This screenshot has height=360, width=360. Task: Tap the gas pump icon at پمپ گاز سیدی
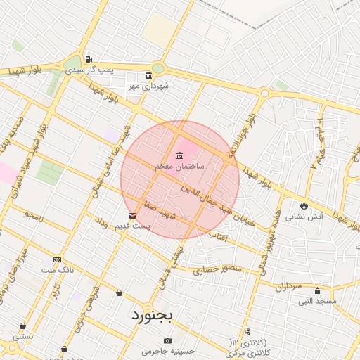pos(88,60)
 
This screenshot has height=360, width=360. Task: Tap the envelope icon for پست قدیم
pos(132,215)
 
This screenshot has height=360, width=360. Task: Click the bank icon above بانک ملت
pos(57,259)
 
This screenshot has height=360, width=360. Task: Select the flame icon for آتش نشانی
pos(304,206)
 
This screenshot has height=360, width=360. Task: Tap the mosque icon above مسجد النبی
pos(317,291)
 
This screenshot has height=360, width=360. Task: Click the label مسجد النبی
pos(317,301)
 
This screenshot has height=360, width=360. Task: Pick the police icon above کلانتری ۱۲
pos(247,332)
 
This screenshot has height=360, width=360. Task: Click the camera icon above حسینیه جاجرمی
pos(167,341)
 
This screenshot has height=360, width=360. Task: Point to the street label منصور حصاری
pos(217,269)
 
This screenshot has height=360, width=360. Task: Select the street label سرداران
pos(288,287)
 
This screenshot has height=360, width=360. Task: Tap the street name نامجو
pos(34,215)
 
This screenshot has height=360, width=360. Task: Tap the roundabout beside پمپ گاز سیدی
pos(157,68)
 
